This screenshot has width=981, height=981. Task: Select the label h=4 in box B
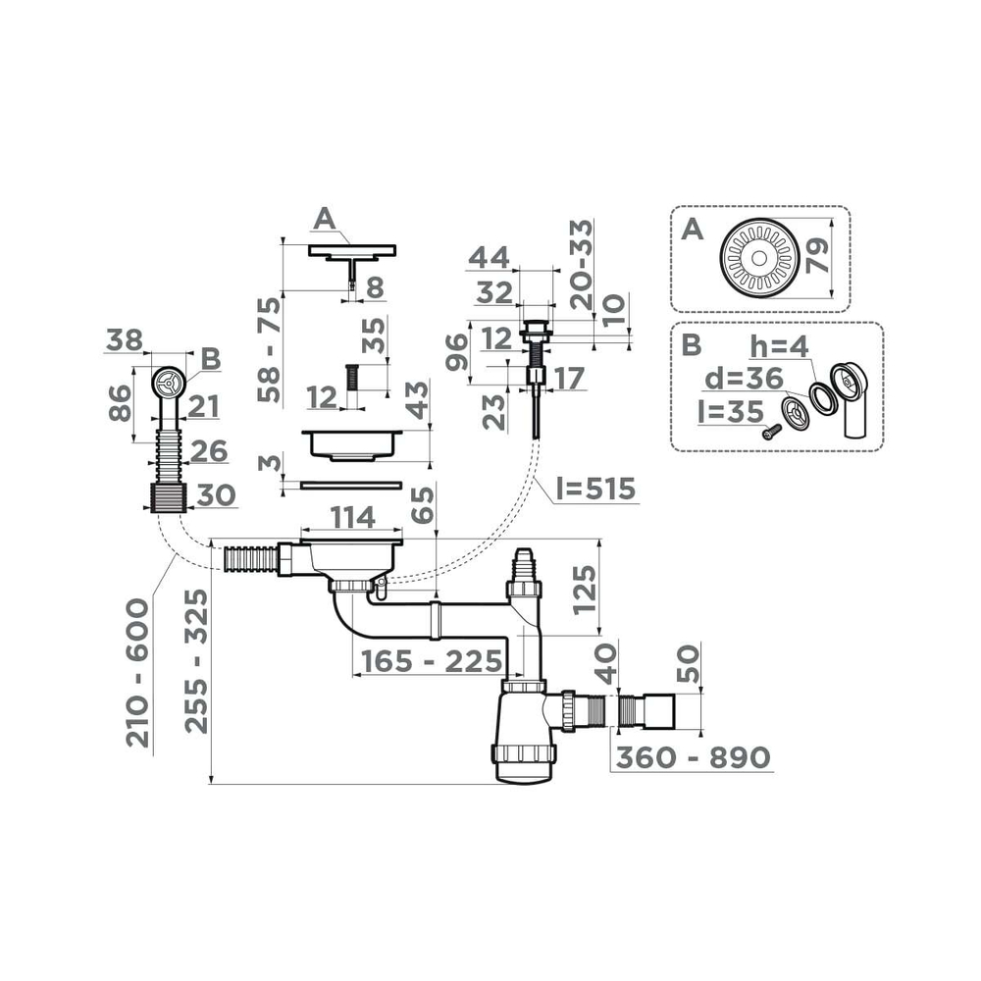click(780, 347)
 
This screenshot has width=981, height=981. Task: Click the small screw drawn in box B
click(770, 430)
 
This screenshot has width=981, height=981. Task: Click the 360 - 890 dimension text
click(691, 757)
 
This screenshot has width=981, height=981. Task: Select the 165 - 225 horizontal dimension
click(430, 661)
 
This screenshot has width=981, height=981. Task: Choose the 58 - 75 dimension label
click(268, 348)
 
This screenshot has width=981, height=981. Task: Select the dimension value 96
click(456, 353)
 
